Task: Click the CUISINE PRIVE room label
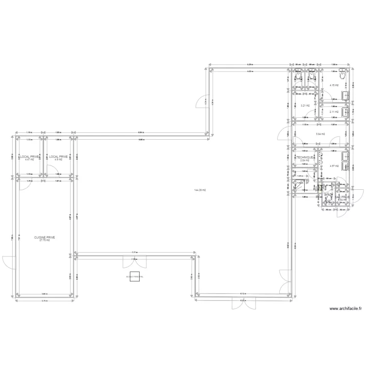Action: (x=44, y=237)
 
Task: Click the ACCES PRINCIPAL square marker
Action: (x=134, y=276)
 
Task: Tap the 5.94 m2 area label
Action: (x=320, y=134)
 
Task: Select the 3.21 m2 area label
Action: (x=305, y=105)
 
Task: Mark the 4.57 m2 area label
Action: (x=333, y=166)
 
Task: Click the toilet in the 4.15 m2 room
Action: (x=343, y=73)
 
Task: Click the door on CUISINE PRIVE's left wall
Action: (x=11, y=261)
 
